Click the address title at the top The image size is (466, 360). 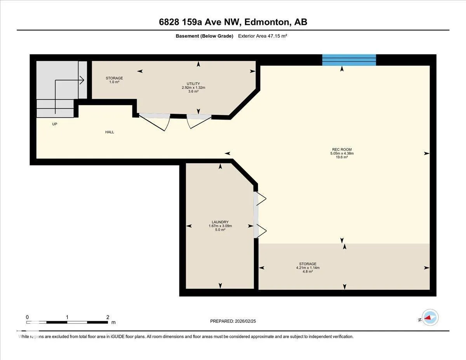(x=233, y=22)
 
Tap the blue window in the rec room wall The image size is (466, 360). (x=349, y=60)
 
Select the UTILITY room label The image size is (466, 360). (x=193, y=83)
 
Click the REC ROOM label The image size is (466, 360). (x=342, y=150)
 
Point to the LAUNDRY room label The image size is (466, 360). (x=220, y=222)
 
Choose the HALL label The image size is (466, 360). (x=110, y=132)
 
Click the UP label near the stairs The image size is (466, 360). (x=55, y=124)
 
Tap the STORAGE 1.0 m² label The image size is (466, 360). (x=114, y=80)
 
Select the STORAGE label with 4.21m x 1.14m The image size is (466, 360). (x=308, y=268)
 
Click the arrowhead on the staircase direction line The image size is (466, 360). (x=83, y=80)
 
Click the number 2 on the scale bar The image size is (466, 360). (x=108, y=317)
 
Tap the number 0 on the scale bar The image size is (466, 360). (x=27, y=317)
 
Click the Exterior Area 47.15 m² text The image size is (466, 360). (x=263, y=36)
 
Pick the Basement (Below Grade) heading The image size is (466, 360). (x=204, y=36)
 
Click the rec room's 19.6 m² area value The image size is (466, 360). (x=342, y=157)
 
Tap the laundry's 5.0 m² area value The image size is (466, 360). (x=220, y=230)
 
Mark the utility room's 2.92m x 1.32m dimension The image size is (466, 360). (x=193, y=87)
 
